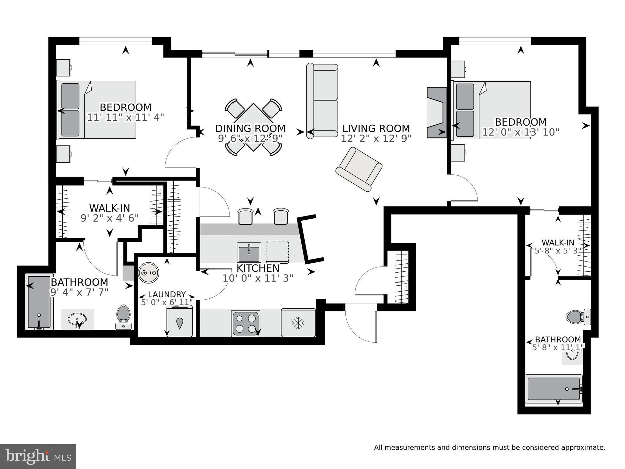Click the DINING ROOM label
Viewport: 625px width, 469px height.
click(250, 128)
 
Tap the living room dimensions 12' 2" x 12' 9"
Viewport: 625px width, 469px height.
click(376, 138)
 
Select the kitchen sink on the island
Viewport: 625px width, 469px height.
click(249, 252)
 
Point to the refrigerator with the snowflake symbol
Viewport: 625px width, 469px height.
click(298, 323)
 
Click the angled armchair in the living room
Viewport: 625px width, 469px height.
click(359, 169)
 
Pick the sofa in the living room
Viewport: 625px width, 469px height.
click(322, 100)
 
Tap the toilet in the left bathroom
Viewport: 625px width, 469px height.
click(123, 316)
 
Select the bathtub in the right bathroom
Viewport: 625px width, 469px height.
click(553, 389)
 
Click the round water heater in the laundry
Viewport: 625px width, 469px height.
click(148, 273)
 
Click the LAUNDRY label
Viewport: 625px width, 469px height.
click(167, 294)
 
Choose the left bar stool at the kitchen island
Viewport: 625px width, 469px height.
click(245, 216)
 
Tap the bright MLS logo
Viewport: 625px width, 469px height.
click(38, 457)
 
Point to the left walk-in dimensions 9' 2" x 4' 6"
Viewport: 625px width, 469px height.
click(109, 218)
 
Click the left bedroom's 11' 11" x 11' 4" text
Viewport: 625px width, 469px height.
click(125, 117)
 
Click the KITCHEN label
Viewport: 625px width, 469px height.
click(258, 268)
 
